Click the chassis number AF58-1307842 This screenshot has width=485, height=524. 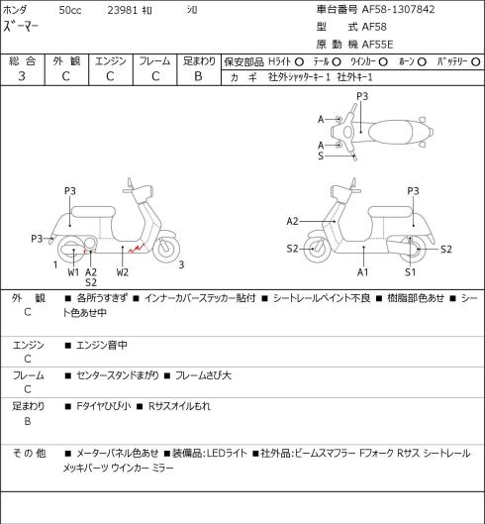pos(398,9)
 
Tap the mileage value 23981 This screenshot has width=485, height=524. pos(123,10)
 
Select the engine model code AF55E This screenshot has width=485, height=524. pos(377,45)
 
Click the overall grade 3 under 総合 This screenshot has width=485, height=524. pos(22,76)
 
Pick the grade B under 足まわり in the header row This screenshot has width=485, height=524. pos(198,76)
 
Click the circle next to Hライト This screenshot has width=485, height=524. pos(299,61)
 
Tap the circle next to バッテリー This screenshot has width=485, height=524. pos(476,61)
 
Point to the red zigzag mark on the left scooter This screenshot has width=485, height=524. pos(138,248)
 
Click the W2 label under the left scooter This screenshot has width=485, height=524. pos(123,272)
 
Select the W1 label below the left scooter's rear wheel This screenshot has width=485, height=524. pos(73,272)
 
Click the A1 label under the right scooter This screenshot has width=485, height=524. pos(362,272)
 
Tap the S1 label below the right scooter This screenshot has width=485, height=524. pos(411,272)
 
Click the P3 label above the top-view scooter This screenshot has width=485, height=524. pos(362,96)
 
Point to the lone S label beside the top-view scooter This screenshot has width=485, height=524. pos(321,156)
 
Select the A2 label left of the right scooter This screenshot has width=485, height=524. pos(292,221)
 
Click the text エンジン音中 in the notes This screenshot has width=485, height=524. pos(102,345)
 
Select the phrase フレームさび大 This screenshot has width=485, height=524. pos(203,375)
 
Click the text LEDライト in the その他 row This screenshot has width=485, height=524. pos(227,454)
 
